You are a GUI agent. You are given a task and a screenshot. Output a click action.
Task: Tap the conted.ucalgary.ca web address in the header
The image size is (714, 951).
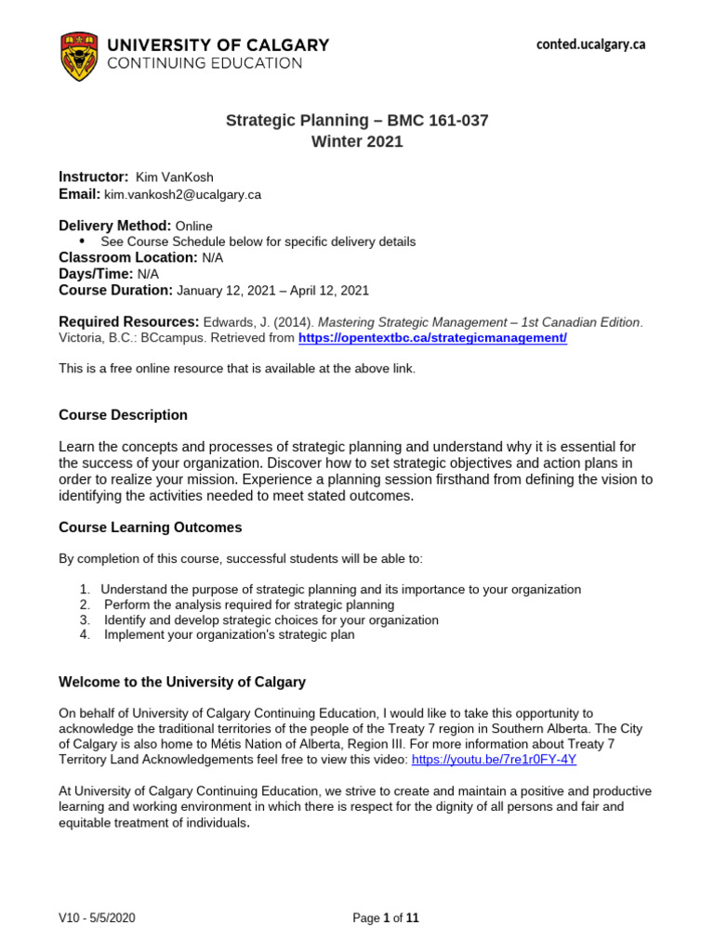(590, 45)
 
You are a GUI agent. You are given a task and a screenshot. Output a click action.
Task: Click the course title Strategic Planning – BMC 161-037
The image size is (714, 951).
(358, 121)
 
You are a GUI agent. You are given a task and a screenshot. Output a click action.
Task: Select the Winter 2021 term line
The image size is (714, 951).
(358, 141)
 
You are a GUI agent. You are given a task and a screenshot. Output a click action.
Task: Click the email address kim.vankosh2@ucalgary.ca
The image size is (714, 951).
(182, 195)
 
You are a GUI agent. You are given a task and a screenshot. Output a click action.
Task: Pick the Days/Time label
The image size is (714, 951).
(96, 274)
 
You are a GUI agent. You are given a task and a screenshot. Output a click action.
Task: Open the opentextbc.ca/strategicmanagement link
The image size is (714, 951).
(432, 338)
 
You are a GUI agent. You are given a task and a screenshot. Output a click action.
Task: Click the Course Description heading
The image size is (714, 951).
(123, 415)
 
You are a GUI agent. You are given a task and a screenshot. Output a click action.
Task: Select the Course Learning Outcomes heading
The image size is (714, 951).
(150, 528)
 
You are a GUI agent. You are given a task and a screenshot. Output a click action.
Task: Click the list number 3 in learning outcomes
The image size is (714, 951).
(85, 620)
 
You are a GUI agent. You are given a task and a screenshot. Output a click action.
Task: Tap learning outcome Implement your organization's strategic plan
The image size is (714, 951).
(229, 635)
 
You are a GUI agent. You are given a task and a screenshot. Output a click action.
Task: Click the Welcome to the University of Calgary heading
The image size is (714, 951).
(182, 682)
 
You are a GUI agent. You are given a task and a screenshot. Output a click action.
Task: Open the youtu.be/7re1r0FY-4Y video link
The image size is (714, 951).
(494, 759)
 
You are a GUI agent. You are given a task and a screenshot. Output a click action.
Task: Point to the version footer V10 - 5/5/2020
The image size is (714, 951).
(97, 918)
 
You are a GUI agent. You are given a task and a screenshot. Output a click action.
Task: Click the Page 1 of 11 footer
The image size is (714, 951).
(386, 918)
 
